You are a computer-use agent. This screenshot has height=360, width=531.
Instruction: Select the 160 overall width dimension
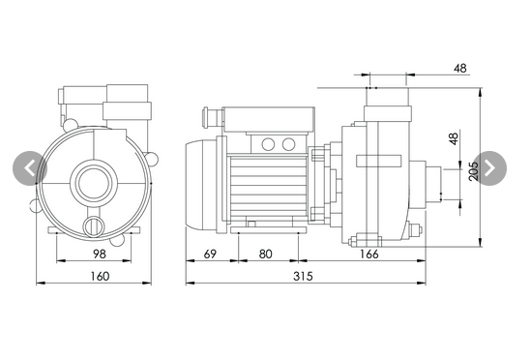pos(100,276)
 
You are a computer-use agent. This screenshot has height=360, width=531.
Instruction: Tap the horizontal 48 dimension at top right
pos(459,69)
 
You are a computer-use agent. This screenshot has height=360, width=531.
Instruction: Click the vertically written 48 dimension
pos(453,138)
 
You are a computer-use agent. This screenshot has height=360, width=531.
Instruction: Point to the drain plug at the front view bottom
pos(93,225)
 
